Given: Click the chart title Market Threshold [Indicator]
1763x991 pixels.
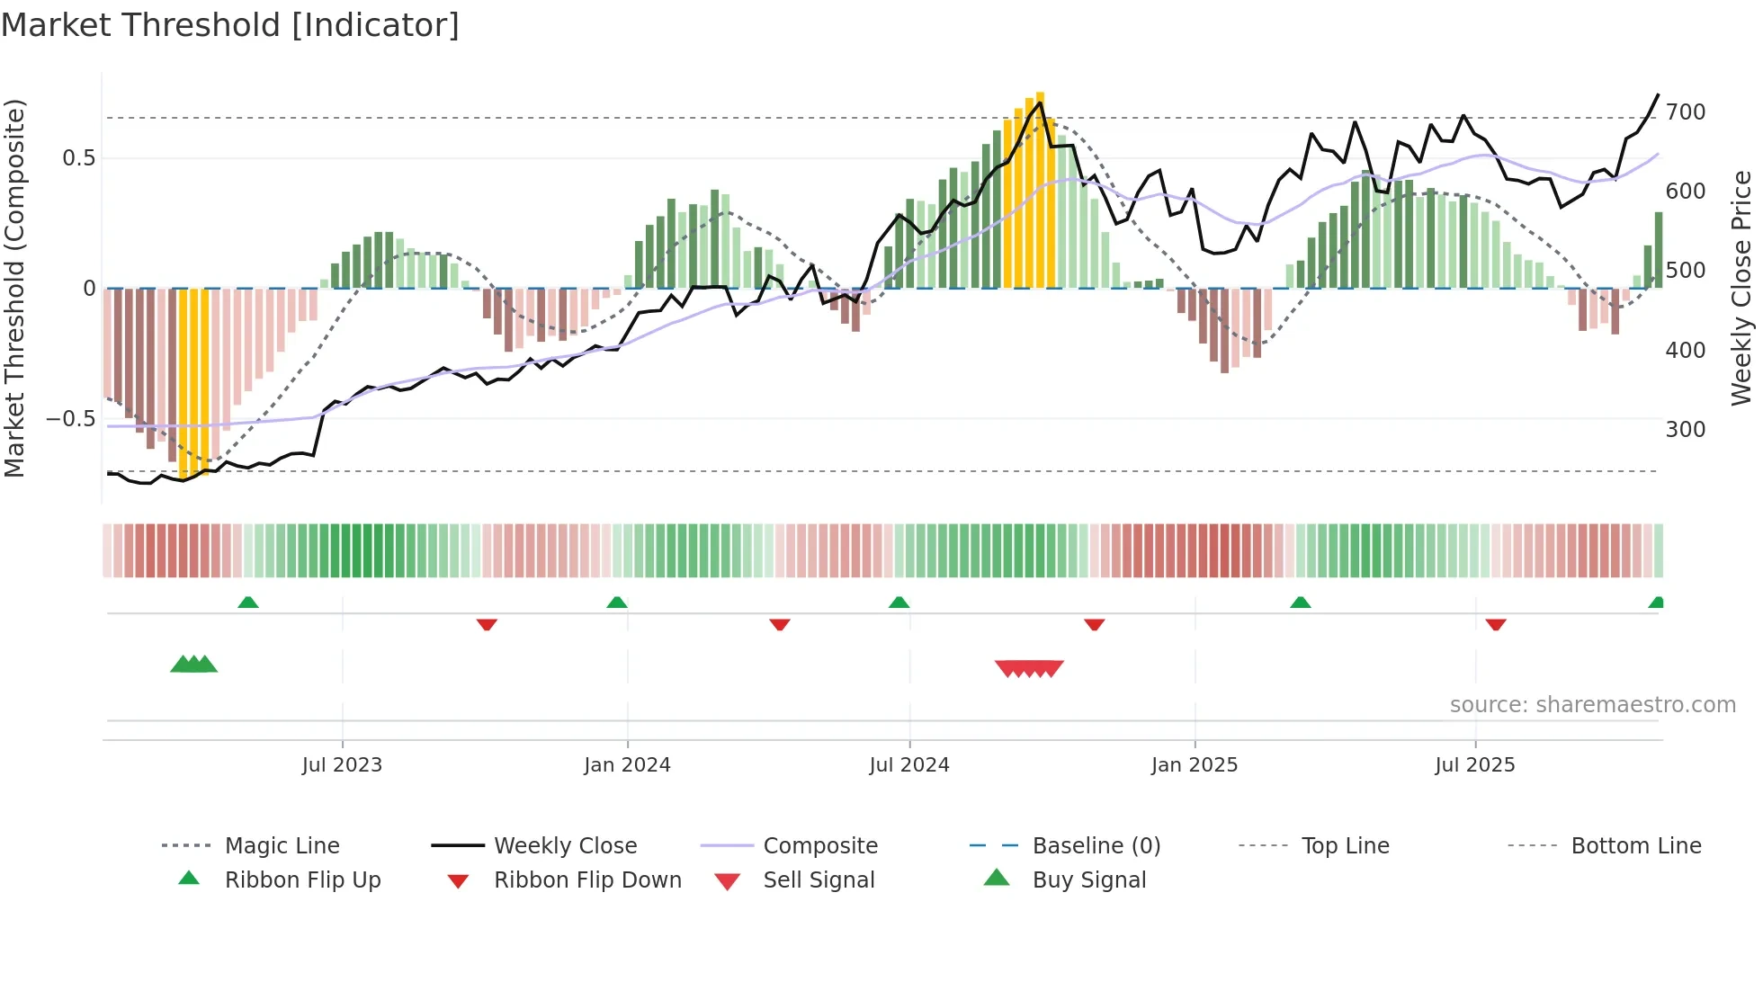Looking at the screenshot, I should [x=230, y=25].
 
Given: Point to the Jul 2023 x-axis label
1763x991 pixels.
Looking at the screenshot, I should [x=342, y=765].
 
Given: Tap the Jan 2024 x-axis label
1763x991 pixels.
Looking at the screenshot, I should [x=627, y=765].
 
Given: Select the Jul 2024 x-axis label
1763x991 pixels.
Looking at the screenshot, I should [x=909, y=765].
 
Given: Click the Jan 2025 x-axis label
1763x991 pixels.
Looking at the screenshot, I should [x=1195, y=765].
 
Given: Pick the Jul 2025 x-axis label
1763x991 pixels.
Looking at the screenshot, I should [x=1475, y=765].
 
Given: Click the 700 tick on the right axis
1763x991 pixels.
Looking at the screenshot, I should [x=1686, y=112].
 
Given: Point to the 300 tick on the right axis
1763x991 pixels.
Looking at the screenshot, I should [x=1686, y=430].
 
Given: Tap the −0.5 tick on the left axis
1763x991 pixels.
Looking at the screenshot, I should [x=70, y=419].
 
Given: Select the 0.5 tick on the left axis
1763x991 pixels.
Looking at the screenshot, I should [x=78, y=158].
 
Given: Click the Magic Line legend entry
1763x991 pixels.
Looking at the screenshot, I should [x=282, y=846].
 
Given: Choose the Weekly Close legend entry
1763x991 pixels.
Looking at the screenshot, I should [x=565, y=846].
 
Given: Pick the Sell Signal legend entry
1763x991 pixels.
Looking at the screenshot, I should [x=819, y=880].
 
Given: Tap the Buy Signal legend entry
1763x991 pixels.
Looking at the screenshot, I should [x=1088, y=880].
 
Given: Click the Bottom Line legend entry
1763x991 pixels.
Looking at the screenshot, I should [x=1635, y=846].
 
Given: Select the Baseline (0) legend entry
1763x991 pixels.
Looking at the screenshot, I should [x=1096, y=846].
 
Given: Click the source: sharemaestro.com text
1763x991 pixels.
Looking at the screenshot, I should [x=1592, y=705].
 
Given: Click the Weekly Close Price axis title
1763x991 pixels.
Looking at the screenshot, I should [x=1741, y=288].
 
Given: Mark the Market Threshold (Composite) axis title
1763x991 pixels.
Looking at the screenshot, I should [x=14, y=288].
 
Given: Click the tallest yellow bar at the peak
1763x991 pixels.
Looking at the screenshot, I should [x=1040, y=189].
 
